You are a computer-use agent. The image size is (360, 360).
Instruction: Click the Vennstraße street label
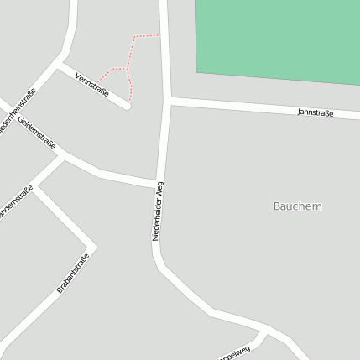[x=91, y=85]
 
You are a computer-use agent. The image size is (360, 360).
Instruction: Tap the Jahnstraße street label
[x=315, y=112]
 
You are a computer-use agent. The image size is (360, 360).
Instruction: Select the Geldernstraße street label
[x=37, y=134]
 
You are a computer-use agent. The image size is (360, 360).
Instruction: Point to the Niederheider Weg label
[x=158, y=211]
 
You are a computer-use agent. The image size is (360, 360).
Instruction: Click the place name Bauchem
[x=297, y=206]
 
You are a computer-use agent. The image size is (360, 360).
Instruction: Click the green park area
[x=277, y=38]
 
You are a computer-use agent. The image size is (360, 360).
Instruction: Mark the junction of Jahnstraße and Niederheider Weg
[x=169, y=101]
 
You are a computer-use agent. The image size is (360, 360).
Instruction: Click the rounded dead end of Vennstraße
[x=128, y=105]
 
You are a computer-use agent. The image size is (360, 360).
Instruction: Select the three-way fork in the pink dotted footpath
[x=126, y=69]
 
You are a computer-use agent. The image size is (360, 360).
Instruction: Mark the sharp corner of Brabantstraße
[x=92, y=248]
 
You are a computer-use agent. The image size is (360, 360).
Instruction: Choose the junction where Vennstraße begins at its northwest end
[x=60, y=63]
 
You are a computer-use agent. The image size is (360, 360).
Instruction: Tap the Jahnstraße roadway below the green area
[x=252, y=106]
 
